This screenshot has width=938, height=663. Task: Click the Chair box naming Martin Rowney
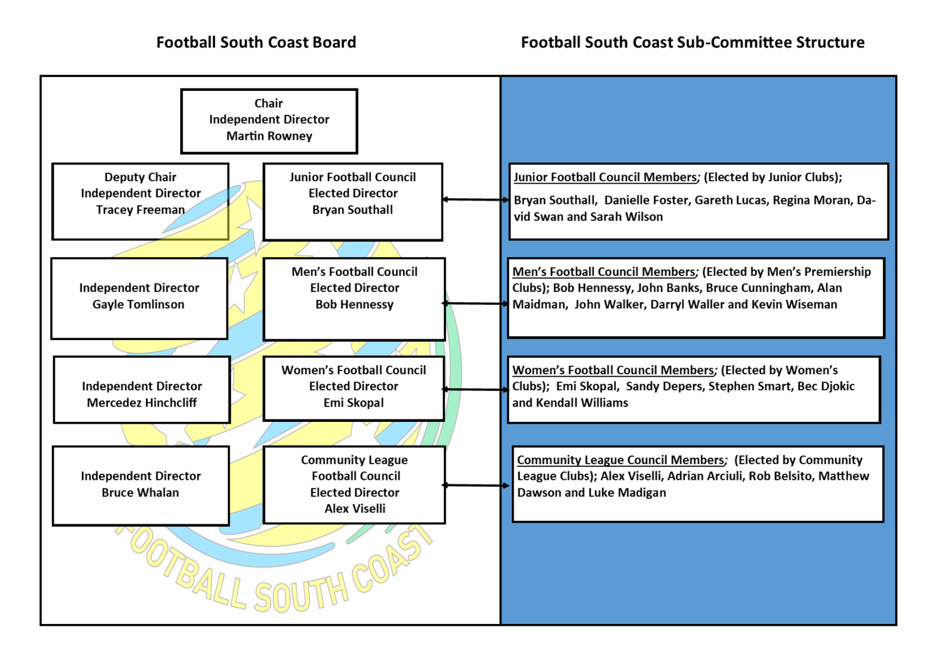click(269, 120)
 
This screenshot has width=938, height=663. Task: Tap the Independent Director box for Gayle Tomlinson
click(139, 297)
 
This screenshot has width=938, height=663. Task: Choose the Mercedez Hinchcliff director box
click(142, 389)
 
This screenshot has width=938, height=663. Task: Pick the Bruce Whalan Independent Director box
click(140, 485)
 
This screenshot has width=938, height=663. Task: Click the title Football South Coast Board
click(256, 42)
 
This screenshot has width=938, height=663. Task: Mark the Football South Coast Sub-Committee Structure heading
click(693, 42)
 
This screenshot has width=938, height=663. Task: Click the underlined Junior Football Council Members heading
click(605, 177)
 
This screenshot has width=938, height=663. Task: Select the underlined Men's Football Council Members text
click(603, 272)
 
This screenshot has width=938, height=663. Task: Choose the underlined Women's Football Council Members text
click(613, 370)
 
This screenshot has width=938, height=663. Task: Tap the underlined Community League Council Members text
click(620, 460)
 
